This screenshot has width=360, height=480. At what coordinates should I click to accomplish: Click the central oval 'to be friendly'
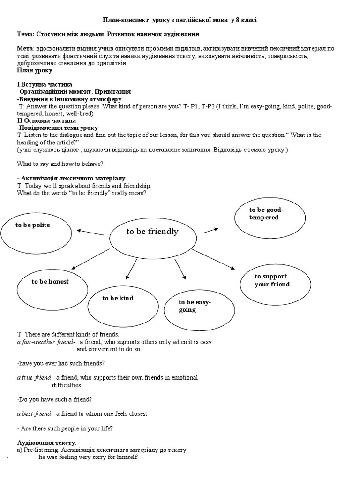click(x=152, y=232)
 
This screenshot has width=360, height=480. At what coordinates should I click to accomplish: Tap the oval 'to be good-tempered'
click(x=266, y=214)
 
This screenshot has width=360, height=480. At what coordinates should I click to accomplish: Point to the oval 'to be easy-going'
click(x=199, y=306)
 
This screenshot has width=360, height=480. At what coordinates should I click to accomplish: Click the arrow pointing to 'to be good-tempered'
click(x=210, y=230)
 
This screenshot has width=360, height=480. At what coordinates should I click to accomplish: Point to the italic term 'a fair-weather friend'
click(x=45, y=342)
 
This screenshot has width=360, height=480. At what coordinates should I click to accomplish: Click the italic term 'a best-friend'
click(x=35, y=413)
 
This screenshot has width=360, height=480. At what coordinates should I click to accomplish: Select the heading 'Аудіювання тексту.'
click(x=47, y=442)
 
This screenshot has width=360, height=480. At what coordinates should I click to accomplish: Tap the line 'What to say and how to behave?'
click(x=60, y=164)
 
